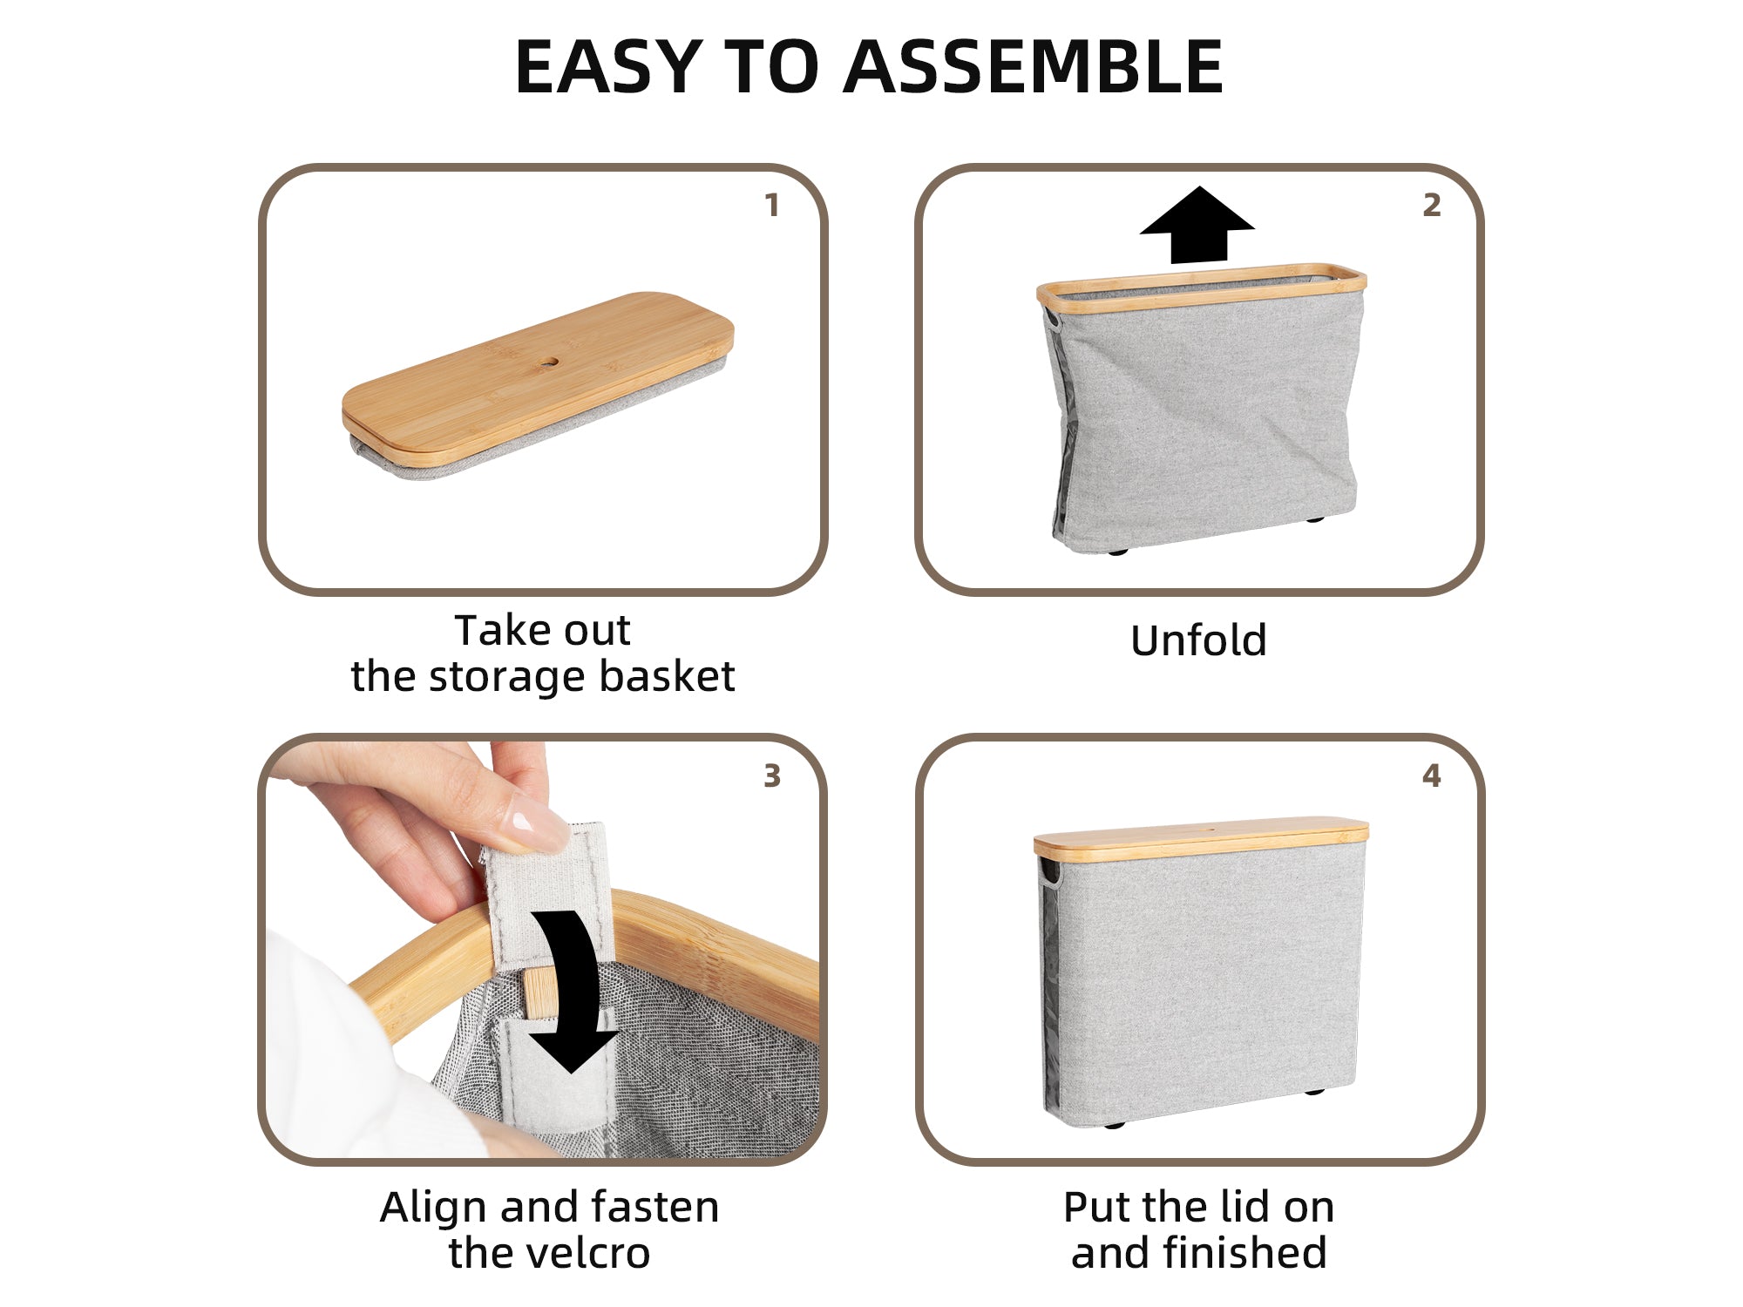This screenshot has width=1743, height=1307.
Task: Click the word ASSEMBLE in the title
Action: click(1034, 67)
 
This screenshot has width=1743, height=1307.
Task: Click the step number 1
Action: click(771, 206)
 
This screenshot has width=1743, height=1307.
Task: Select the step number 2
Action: click(1432, 206)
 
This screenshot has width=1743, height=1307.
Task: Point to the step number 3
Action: click(772, 775)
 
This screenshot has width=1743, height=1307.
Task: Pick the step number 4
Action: click(1432, 775)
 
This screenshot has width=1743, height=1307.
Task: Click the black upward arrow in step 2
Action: click(1197, 225)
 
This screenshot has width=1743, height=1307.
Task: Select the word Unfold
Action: click(1198, 641)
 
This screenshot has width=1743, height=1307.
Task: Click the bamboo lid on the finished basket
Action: click(1201, 837)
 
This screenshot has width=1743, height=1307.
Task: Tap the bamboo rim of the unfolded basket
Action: click(1201, 285)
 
